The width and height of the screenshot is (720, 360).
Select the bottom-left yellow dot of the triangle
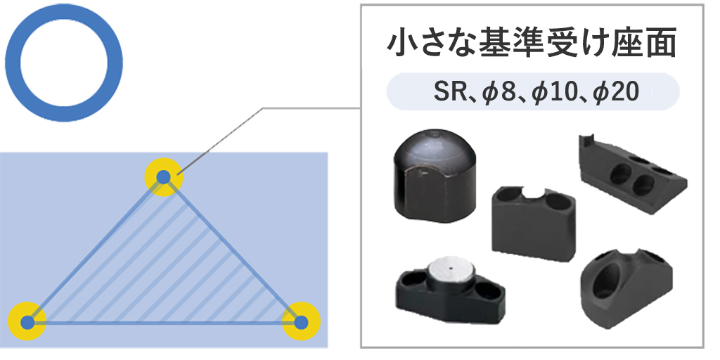click(27, 323)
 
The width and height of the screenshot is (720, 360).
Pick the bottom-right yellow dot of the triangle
click(301, 323)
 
